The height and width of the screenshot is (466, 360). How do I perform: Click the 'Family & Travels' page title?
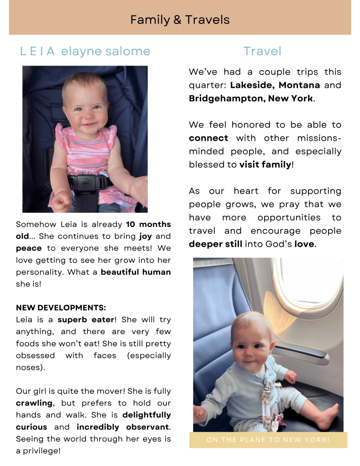[x=180, y=20]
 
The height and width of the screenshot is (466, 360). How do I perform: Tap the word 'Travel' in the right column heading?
[x=262, y=51]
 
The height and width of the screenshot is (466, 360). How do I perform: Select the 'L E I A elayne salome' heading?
[x=85, y=51]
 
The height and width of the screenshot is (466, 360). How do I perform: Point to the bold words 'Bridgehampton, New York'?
[x=251, y=98]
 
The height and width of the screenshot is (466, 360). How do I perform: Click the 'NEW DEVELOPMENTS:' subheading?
[x=61, y=308]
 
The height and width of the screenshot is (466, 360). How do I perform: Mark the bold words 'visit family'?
[x=265, y=164]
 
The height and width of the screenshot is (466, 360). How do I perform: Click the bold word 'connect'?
[x=208, y=138]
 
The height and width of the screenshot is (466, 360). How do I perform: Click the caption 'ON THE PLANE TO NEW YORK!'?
[x=268, y=440]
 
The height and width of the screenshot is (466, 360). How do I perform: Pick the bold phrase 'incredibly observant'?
[x=121, y=427]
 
